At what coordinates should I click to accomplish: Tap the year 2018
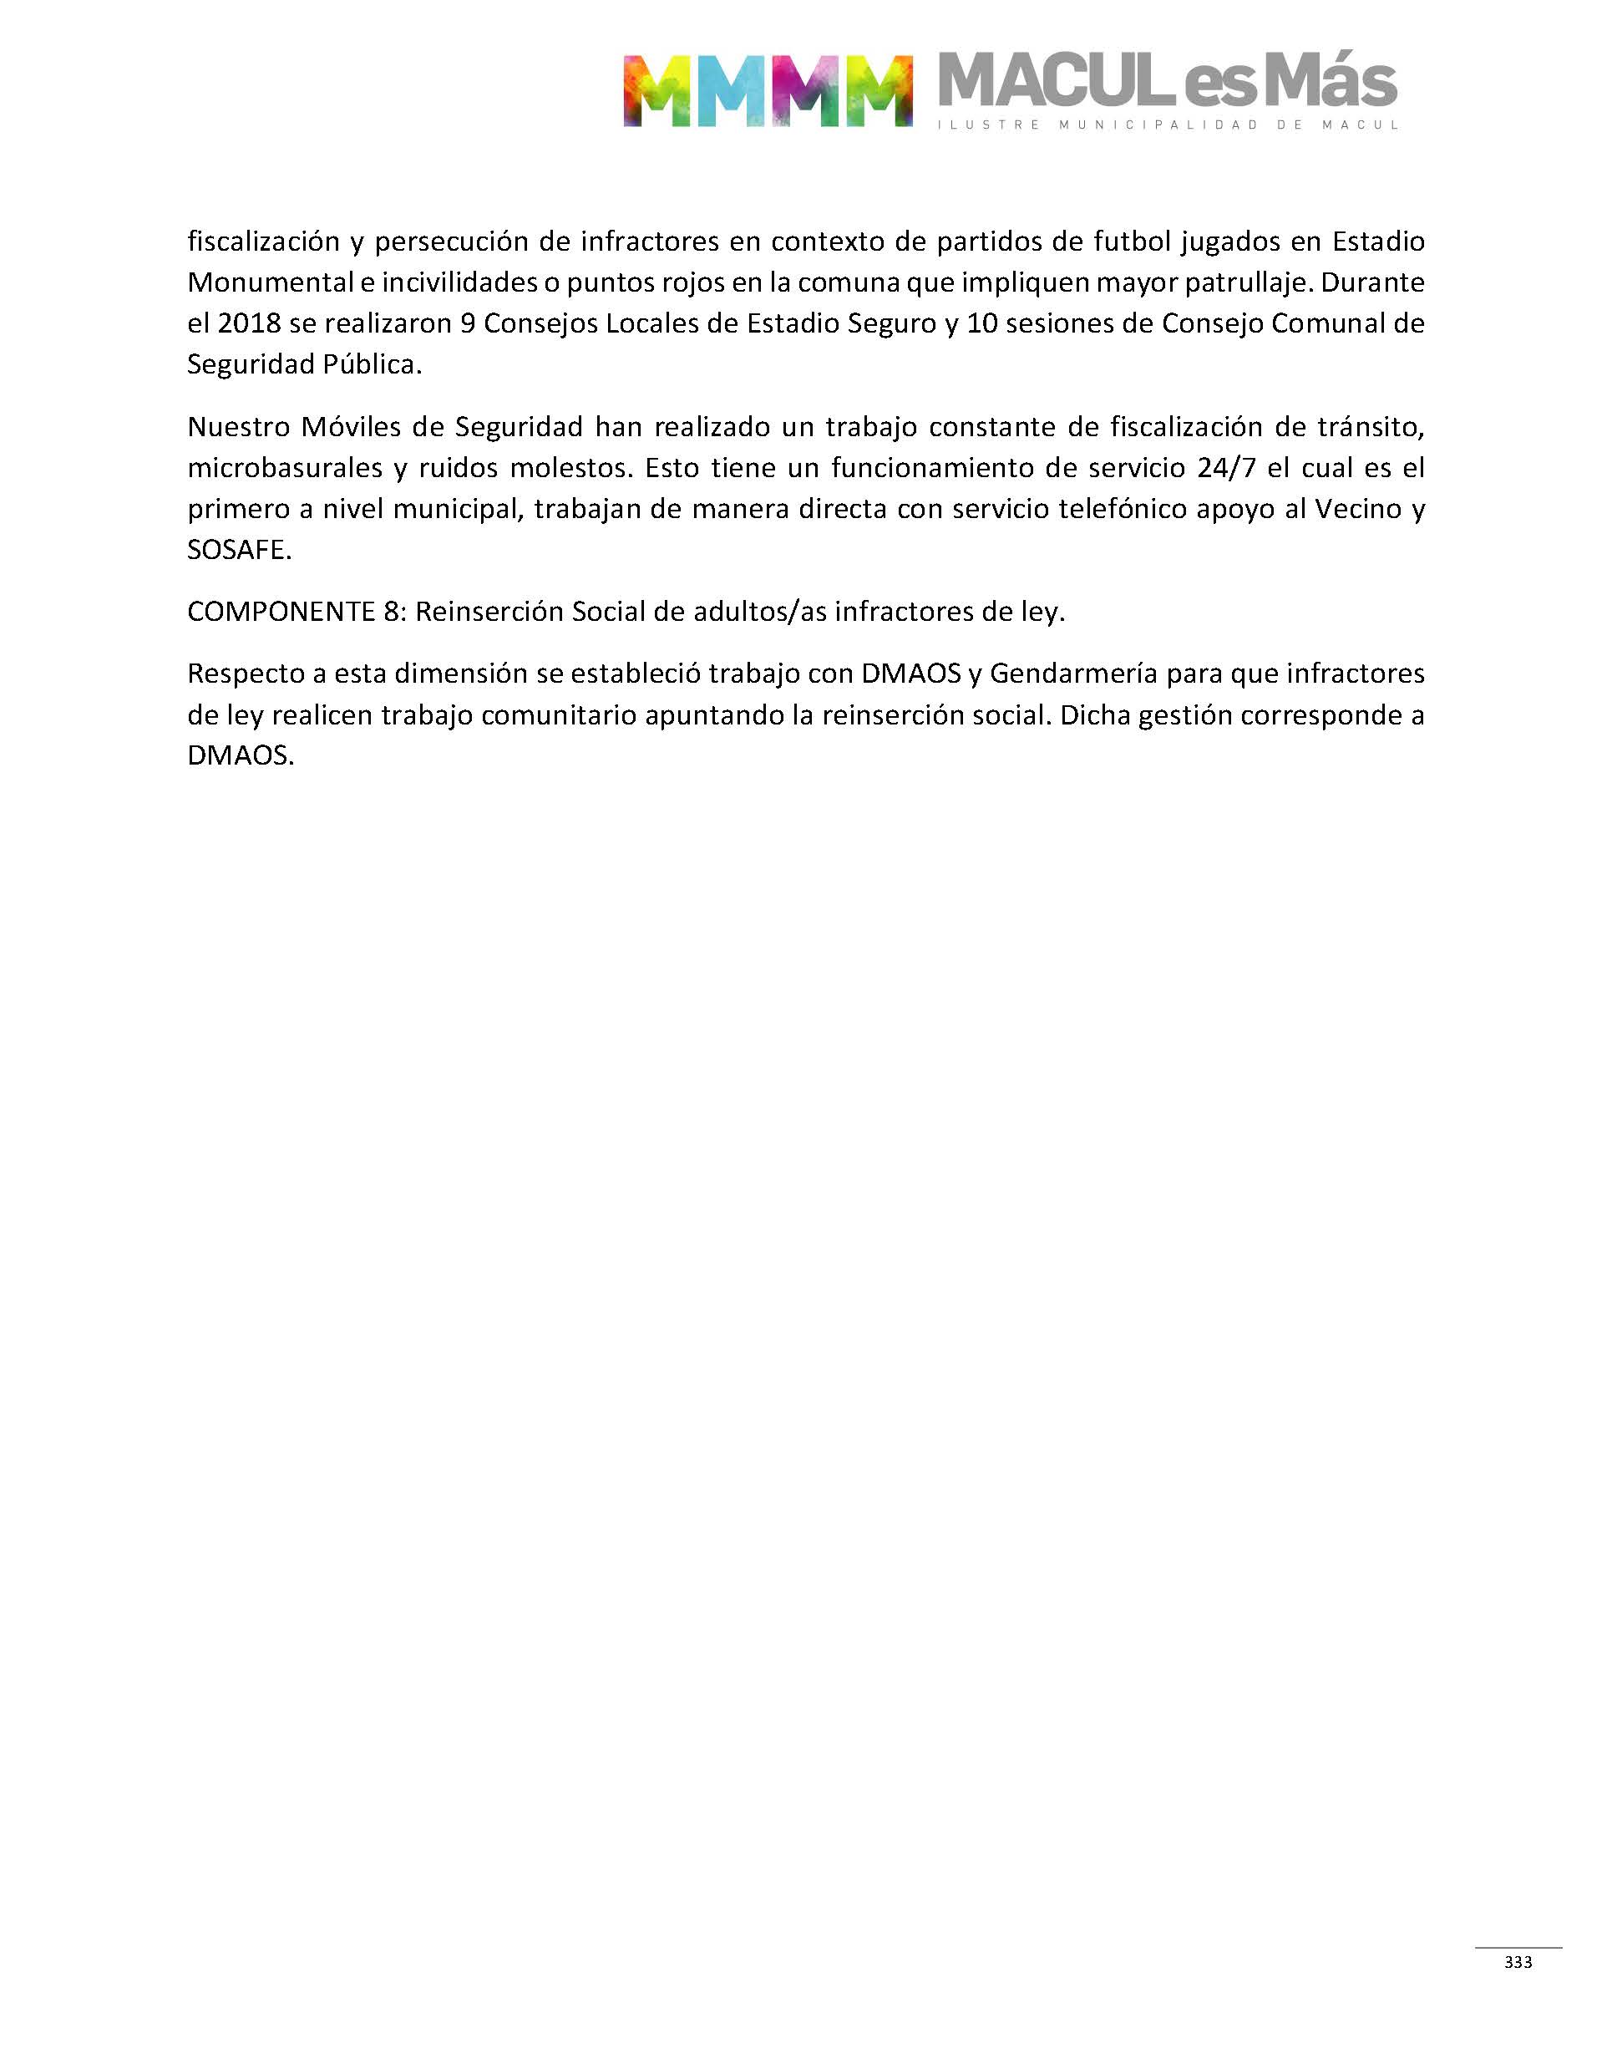point(249,324)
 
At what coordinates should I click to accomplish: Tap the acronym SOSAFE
point(239,551)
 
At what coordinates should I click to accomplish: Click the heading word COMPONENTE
point(281,613)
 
